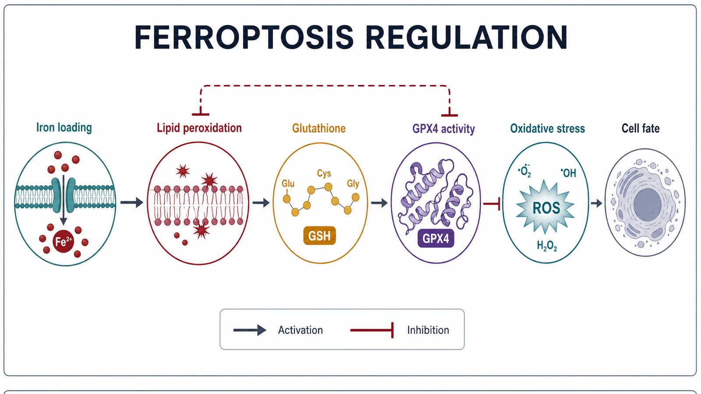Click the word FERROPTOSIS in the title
244,37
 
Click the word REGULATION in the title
466,37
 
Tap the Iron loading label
64,127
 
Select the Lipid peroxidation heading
199,128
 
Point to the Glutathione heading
319,128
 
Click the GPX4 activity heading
443,129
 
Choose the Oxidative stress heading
547,129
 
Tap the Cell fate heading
641,128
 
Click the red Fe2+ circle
64,241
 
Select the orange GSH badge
319,236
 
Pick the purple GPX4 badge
436,239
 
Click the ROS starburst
546,207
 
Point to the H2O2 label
547,246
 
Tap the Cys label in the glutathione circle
324,173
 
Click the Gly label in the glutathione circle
353,183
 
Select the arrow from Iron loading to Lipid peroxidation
132,203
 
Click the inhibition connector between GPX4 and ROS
492,204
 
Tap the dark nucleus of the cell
648,204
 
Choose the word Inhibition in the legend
428,330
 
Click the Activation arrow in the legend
250,330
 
